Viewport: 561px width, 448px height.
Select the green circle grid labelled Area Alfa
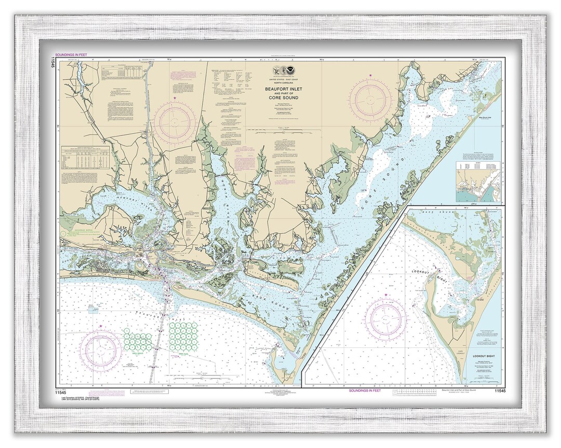pos(183,335)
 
